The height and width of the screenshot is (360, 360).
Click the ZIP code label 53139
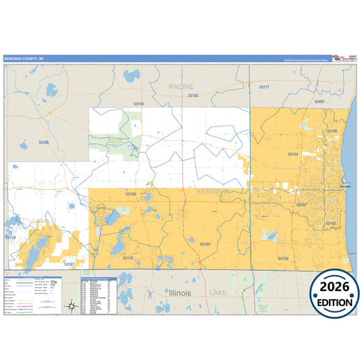click(138, 103)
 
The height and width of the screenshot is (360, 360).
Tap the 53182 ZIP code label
click(193, 96)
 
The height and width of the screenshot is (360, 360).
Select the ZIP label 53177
click(264, 87)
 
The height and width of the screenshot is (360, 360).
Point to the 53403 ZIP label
click(319, 101)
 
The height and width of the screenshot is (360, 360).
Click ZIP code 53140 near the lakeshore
click(332, 130)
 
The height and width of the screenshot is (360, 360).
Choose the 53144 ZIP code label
click(292, 154)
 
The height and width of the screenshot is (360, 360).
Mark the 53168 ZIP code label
click(130, 194)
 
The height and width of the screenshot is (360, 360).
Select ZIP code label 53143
click(331, 223)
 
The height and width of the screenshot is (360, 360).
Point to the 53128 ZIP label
click(11, 238)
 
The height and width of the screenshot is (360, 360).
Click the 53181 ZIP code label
click(68, 264)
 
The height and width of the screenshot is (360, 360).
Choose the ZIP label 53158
click(283, 258)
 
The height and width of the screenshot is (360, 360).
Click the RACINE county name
click(181, 86)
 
